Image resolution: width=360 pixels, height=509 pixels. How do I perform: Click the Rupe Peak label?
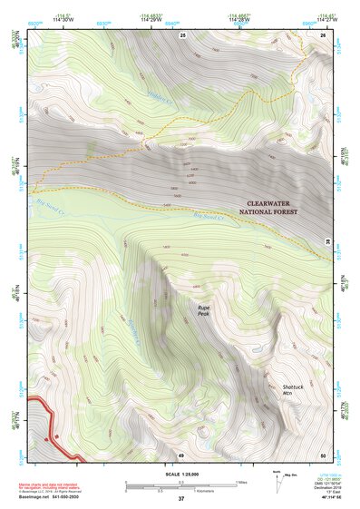[x=205, y=311]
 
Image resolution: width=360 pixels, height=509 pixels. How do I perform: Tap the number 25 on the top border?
[x=181, y=34]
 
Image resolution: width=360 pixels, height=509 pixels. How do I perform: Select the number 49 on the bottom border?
[x=180, y=455]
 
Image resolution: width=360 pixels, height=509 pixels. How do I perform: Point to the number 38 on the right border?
[x=327, y=241]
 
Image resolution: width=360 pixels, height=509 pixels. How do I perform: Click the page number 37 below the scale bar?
[x=180, y=498]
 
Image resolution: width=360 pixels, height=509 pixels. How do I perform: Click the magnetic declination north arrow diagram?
[x=277, y=480]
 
